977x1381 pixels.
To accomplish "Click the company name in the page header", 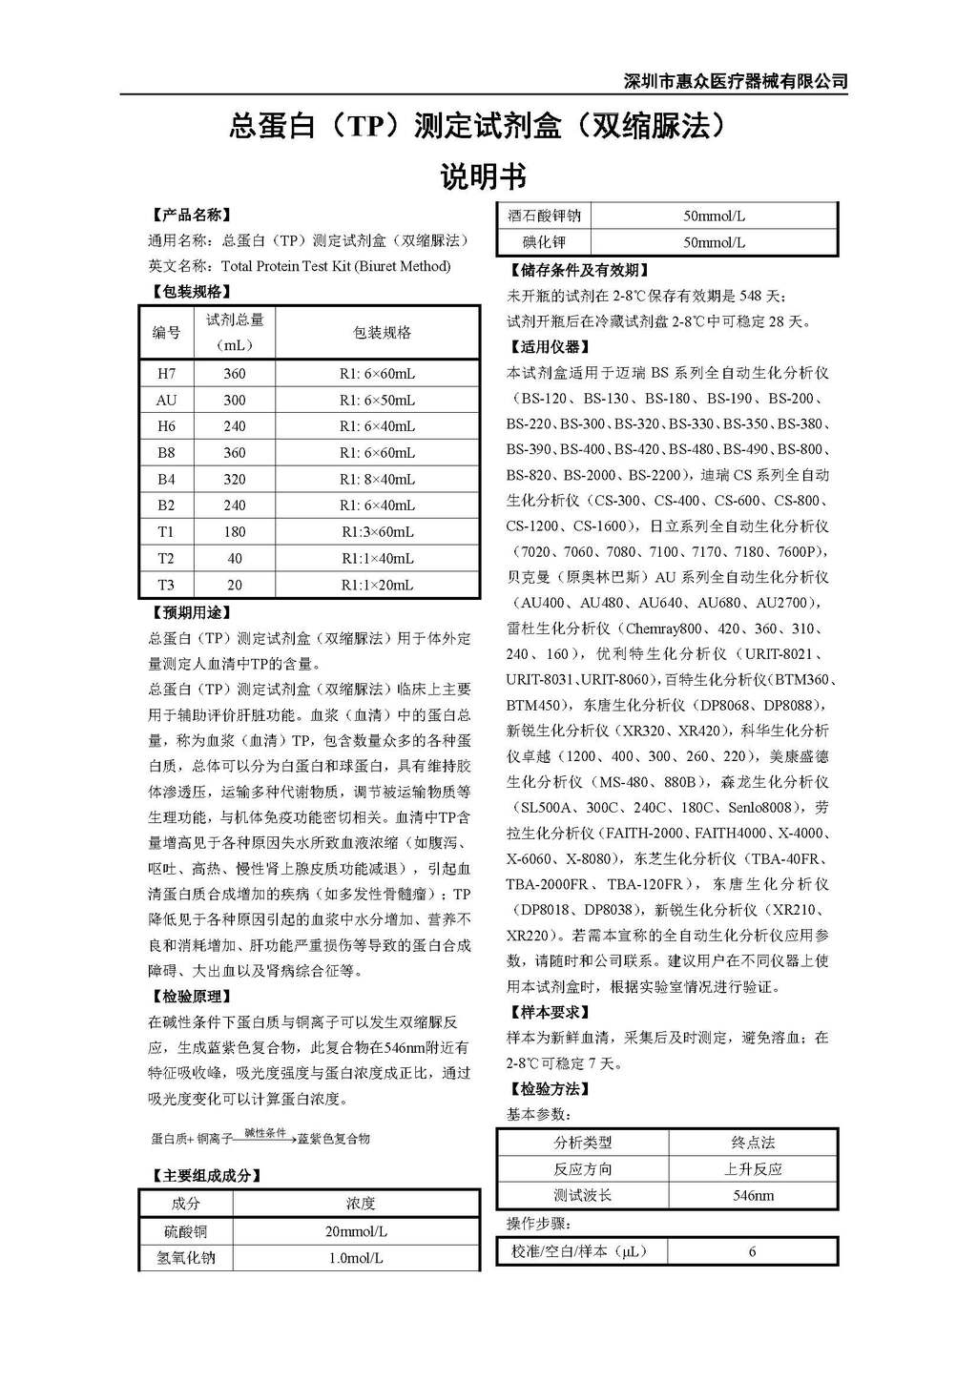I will point(735,81).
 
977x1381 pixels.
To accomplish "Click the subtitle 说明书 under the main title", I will point(483,177).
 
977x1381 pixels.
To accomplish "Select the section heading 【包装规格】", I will point(191,292).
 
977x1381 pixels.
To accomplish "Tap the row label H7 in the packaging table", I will point(167,374).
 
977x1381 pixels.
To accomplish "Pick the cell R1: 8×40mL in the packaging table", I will point(377,480).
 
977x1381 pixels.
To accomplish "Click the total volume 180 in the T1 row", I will point(235,532).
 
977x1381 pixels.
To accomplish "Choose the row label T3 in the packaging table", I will point(167,586).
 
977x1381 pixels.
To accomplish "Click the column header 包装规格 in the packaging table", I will point(382,333).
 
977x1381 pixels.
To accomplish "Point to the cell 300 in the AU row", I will point(235,401).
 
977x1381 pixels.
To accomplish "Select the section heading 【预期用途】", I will point(191,612).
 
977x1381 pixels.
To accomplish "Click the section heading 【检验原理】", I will point(191,997).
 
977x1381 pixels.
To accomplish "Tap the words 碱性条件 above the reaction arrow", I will point(265,1133).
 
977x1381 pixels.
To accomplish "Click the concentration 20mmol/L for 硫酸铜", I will point(356,1231).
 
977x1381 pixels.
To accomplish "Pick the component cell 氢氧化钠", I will point(186,1258).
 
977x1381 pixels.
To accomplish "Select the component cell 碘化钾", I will point(544,242).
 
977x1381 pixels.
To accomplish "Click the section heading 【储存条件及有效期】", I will point(579,271).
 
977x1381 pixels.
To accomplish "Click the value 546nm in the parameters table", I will point(753,1195).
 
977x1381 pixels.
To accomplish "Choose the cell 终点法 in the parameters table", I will point(753,1143).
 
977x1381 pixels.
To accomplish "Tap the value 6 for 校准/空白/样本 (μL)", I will point(753,1251).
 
